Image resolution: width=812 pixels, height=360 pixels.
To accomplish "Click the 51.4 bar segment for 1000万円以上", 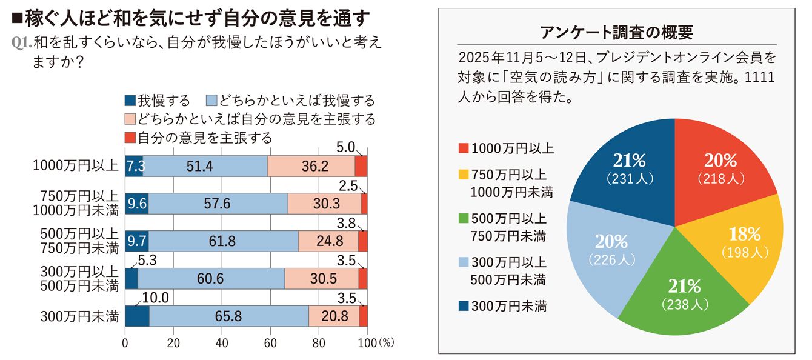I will pos(205,165).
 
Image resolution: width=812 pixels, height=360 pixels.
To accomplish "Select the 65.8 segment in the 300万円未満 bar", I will pos(228,316).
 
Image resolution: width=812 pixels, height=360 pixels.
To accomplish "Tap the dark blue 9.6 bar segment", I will pos(136,204).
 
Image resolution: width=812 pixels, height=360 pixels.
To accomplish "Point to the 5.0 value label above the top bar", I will pos(345,148).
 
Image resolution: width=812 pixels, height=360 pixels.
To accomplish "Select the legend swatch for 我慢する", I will pos(130,101).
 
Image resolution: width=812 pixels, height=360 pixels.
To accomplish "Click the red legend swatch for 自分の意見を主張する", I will pos(130,138).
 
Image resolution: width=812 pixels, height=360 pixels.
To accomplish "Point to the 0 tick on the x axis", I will pos(125,342).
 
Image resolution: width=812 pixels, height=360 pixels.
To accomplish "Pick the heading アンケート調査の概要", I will pos(616,32).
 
